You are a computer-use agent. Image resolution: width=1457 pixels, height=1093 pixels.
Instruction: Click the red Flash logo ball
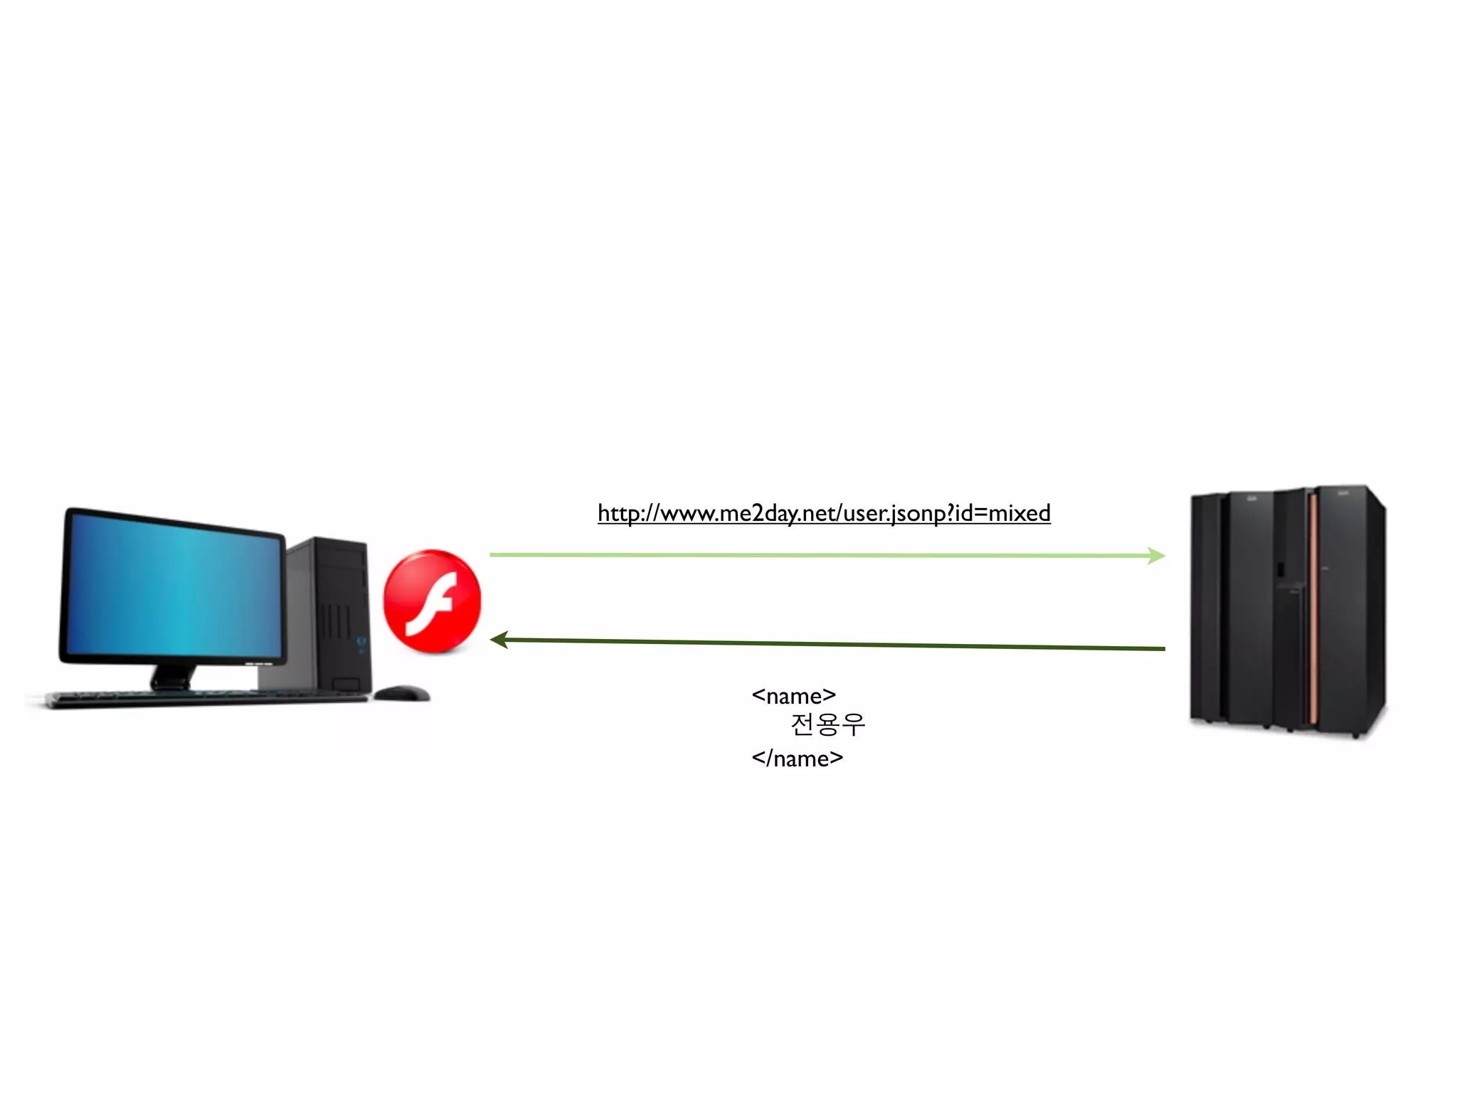(432, 601)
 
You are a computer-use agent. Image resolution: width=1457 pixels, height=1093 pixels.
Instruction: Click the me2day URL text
(823, 513)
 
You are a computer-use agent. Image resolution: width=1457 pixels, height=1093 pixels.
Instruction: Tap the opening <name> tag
(793, 695)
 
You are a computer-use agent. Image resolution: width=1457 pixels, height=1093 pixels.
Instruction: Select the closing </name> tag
(797, 759)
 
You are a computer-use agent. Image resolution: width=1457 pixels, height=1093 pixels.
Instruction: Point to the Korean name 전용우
(827, 724)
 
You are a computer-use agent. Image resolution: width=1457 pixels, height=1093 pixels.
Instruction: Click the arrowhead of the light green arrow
(1156, 556)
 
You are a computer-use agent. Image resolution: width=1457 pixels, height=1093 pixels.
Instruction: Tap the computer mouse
(401, 692)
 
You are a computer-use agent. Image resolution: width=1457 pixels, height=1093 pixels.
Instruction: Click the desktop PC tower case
(334, 612)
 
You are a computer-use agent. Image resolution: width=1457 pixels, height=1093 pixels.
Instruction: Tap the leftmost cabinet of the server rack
(1205, 608)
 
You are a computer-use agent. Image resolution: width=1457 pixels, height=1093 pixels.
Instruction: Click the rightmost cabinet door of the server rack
(1348, 612)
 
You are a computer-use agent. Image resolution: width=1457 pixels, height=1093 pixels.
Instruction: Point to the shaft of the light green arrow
(818, 555)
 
